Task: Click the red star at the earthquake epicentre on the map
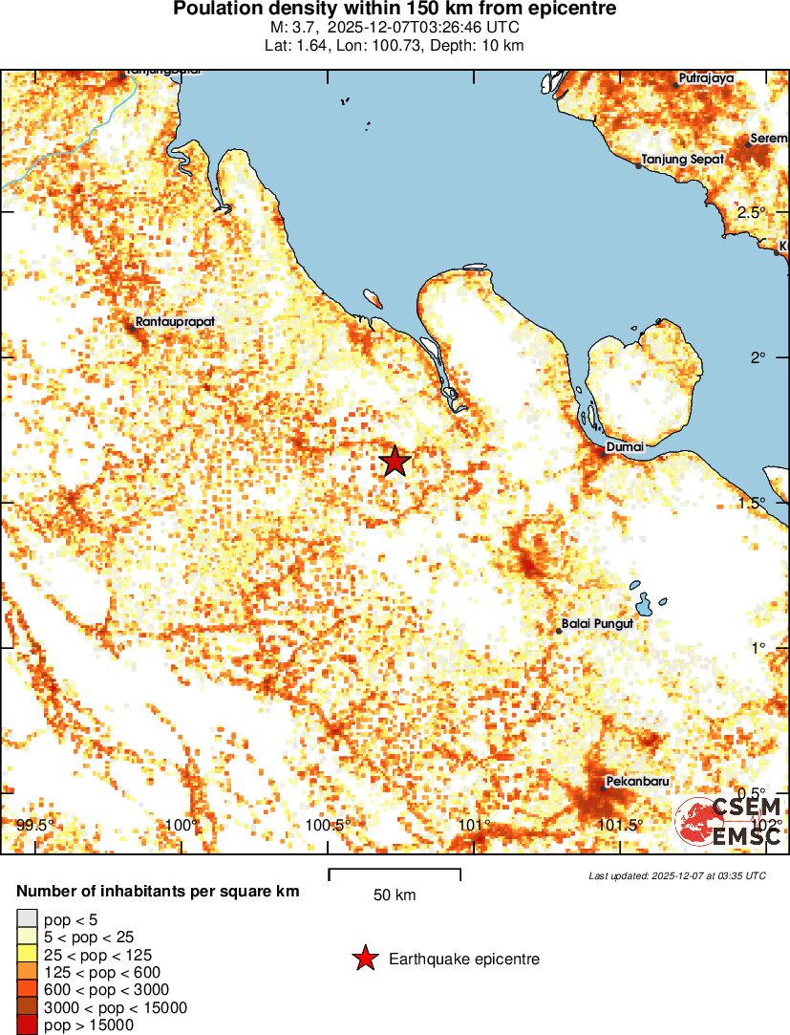point(395,462)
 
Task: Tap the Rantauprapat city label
point(173,322)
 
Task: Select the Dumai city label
point(626,446)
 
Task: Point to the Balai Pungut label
point(597,624)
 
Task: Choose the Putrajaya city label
point(706,78)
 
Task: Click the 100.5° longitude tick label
point(330,825)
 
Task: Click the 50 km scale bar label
point(395,895)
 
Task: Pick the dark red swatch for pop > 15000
point(26,1025)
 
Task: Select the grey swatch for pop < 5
point(26,918)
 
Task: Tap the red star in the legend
point(364,959)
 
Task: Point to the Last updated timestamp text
point(677,875)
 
